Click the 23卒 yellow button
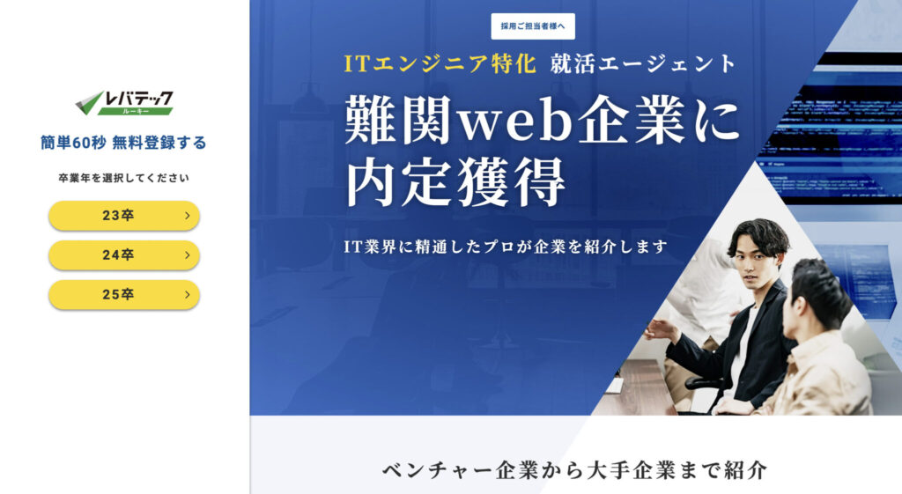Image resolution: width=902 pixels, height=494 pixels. click(124, 216)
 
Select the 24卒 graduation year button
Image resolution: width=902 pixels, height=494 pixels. click(124, 255)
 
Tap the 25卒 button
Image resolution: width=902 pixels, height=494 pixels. click(124, 294)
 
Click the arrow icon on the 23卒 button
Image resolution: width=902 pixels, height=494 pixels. click(187, 216)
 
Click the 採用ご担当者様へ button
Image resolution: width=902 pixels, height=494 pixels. click(533, 26)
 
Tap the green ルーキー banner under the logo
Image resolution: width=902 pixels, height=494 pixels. click(136, 111)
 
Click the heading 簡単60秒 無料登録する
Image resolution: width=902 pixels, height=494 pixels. click(123, 143)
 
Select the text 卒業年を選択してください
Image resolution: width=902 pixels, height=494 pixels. click(123, 178)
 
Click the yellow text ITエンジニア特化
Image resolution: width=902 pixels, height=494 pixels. click(440, 63)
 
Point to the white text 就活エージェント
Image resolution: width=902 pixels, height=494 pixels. click(643, 63)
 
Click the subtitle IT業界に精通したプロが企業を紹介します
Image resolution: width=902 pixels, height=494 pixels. click(506, 247)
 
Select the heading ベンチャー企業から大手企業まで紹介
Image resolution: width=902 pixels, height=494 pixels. click(574, 470)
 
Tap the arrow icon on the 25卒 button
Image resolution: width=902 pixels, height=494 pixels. click(187, 294)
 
